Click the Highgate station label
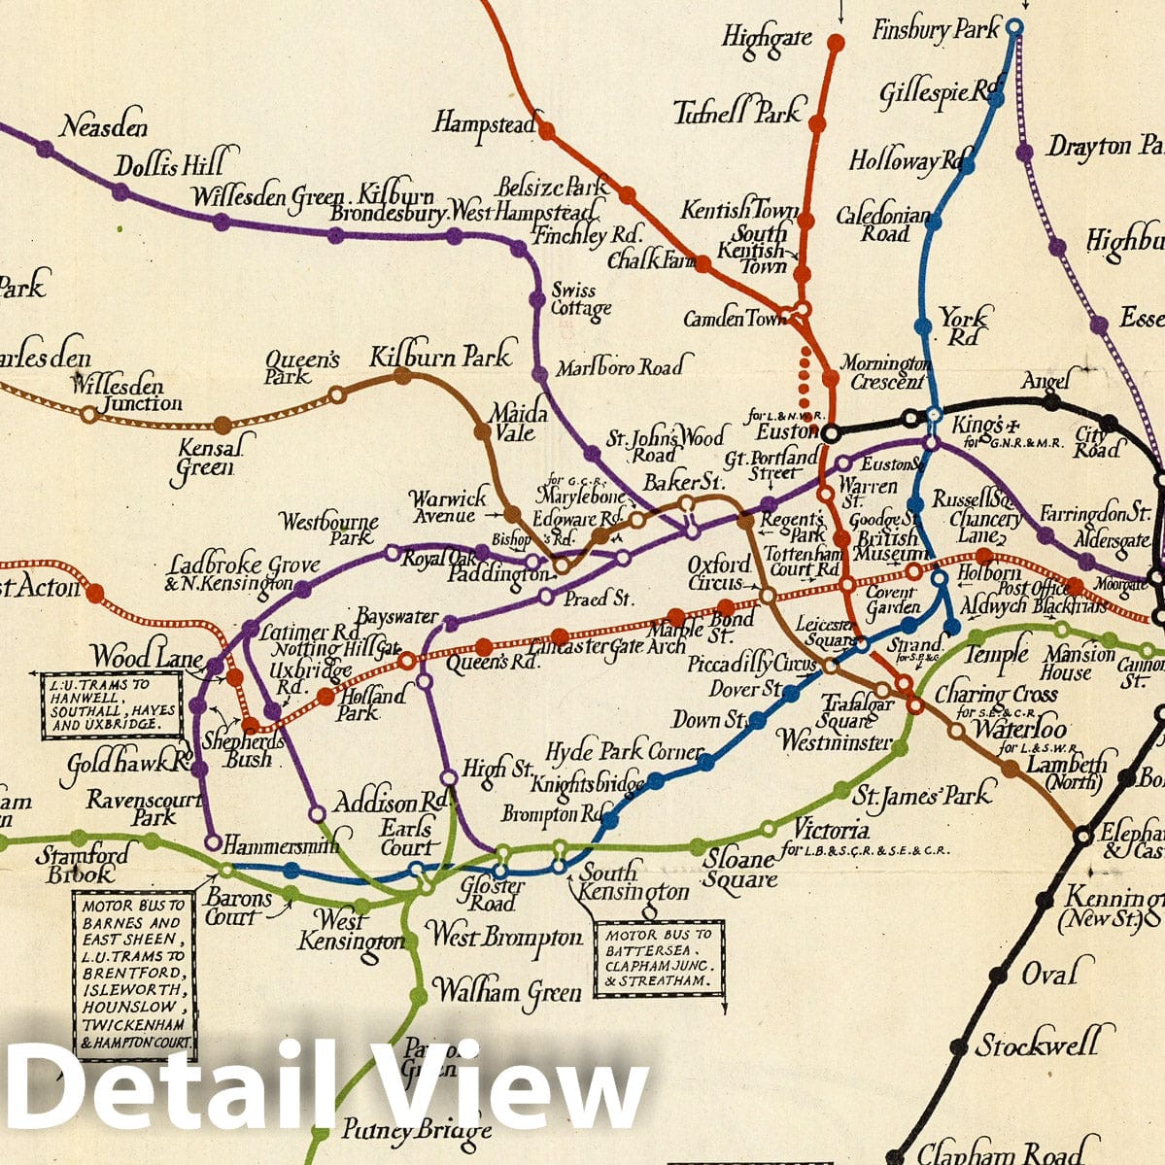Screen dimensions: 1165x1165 766,38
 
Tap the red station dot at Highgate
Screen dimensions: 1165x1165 836,42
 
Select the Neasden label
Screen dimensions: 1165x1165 104,126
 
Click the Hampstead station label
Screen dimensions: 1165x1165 485,123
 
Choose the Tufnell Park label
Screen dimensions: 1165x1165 738,112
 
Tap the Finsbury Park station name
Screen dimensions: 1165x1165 935,30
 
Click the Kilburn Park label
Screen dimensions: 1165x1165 440,357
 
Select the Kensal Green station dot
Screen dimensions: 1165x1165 223,425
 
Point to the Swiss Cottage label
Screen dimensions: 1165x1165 581,300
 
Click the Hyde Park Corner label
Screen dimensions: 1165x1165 624,752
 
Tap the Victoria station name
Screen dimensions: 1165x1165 832,832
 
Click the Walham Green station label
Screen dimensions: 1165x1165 506,992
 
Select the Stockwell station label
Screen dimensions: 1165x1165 1038,1045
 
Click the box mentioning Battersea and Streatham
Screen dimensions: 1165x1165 660,957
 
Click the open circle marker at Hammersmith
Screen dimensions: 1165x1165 213,842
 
